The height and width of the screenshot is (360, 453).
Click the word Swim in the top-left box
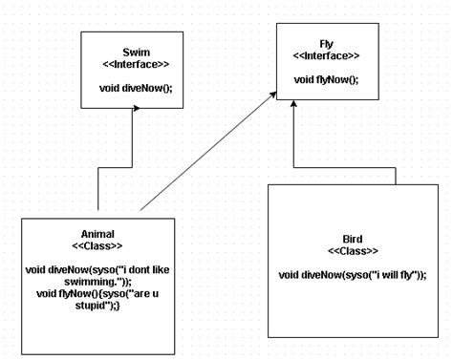(x=136, y=52)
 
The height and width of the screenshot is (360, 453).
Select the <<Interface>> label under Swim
(x=136, y=64)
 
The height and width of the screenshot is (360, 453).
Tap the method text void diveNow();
(x=136, y=89)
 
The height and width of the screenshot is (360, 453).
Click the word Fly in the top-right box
(x=326, y=43)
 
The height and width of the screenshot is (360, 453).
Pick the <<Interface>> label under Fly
(x=326, y=55)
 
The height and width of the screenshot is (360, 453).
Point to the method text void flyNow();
(x=326, y=79)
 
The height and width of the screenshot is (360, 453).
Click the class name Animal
(x=98, y=233)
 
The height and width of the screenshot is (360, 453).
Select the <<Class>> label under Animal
(x=98, y=245)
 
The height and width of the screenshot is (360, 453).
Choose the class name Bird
(x=353, y=237)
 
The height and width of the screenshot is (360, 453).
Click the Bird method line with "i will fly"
(x=353, y=275)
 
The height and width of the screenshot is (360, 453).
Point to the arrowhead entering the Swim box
(x=136, y=109)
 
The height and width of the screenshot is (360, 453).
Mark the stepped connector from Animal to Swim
(x=118, y=168)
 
